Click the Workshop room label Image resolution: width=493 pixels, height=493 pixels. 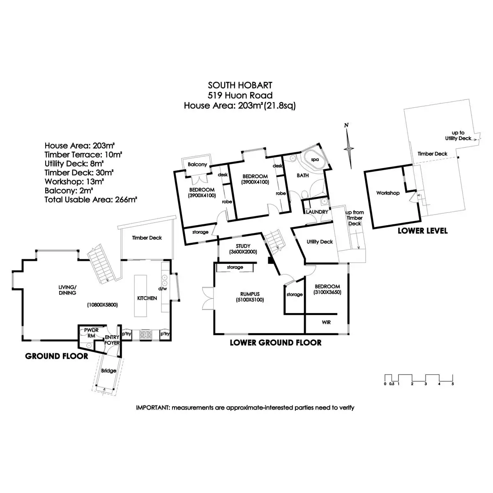(388, 193)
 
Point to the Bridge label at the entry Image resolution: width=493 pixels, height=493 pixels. (108, 371)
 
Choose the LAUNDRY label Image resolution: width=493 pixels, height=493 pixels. (317, 212)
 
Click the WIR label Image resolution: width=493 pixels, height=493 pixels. (326, 323)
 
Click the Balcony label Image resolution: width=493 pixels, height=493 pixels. (197, 164)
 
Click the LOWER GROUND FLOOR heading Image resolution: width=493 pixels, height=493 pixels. (275, 343)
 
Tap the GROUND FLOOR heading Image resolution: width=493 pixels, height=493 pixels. (57, 356)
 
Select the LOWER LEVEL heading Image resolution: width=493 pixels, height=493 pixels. (422, 231)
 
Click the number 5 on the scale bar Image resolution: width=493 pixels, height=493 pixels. (453, 384)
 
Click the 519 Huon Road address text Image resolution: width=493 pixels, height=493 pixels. (240, 95)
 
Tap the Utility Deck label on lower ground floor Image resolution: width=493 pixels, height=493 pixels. (320, 242)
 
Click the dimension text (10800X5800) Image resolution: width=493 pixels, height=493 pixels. (102, 305)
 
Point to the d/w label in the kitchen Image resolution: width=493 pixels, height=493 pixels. (163, 288)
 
